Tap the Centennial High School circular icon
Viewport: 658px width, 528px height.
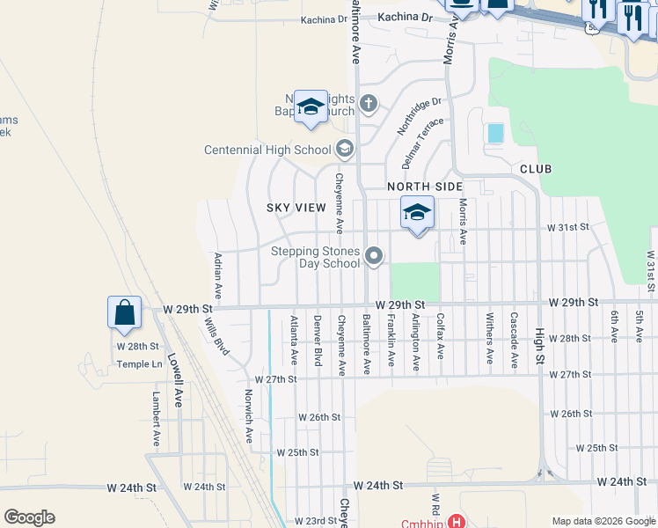(345, 150)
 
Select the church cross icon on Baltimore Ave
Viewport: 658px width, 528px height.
(369, 106)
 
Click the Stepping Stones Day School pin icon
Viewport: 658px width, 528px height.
(375, 257)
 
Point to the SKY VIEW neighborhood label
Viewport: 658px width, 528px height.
(296, 208)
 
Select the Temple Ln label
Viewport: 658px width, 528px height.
(140, 363)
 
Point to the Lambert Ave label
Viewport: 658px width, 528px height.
(157, 419)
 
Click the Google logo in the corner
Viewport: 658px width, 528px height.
(29, 517)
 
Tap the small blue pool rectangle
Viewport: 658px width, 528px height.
(495, 133)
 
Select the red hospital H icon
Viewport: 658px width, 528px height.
(456, 522)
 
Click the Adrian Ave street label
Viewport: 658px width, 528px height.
(217, 274)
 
